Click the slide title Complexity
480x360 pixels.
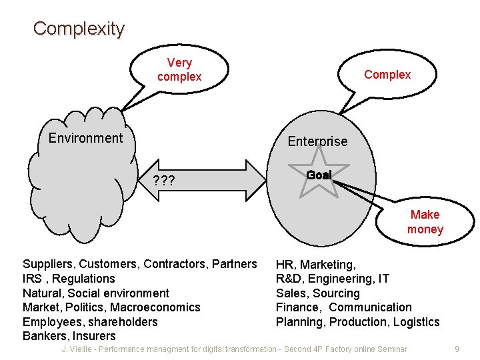point(79,29)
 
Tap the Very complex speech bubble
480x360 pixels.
point(179,70)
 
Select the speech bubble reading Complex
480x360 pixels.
point(387,75)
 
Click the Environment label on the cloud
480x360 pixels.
point(85,138)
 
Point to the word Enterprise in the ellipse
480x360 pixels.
point(317,141)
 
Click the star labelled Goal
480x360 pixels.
point(319,175)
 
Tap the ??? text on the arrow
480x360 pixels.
point(164,181)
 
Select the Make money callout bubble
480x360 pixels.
point(425,222)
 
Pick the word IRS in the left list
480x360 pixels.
point(32,279)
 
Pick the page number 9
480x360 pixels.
point(457,349)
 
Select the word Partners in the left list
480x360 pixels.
point(234,265)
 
